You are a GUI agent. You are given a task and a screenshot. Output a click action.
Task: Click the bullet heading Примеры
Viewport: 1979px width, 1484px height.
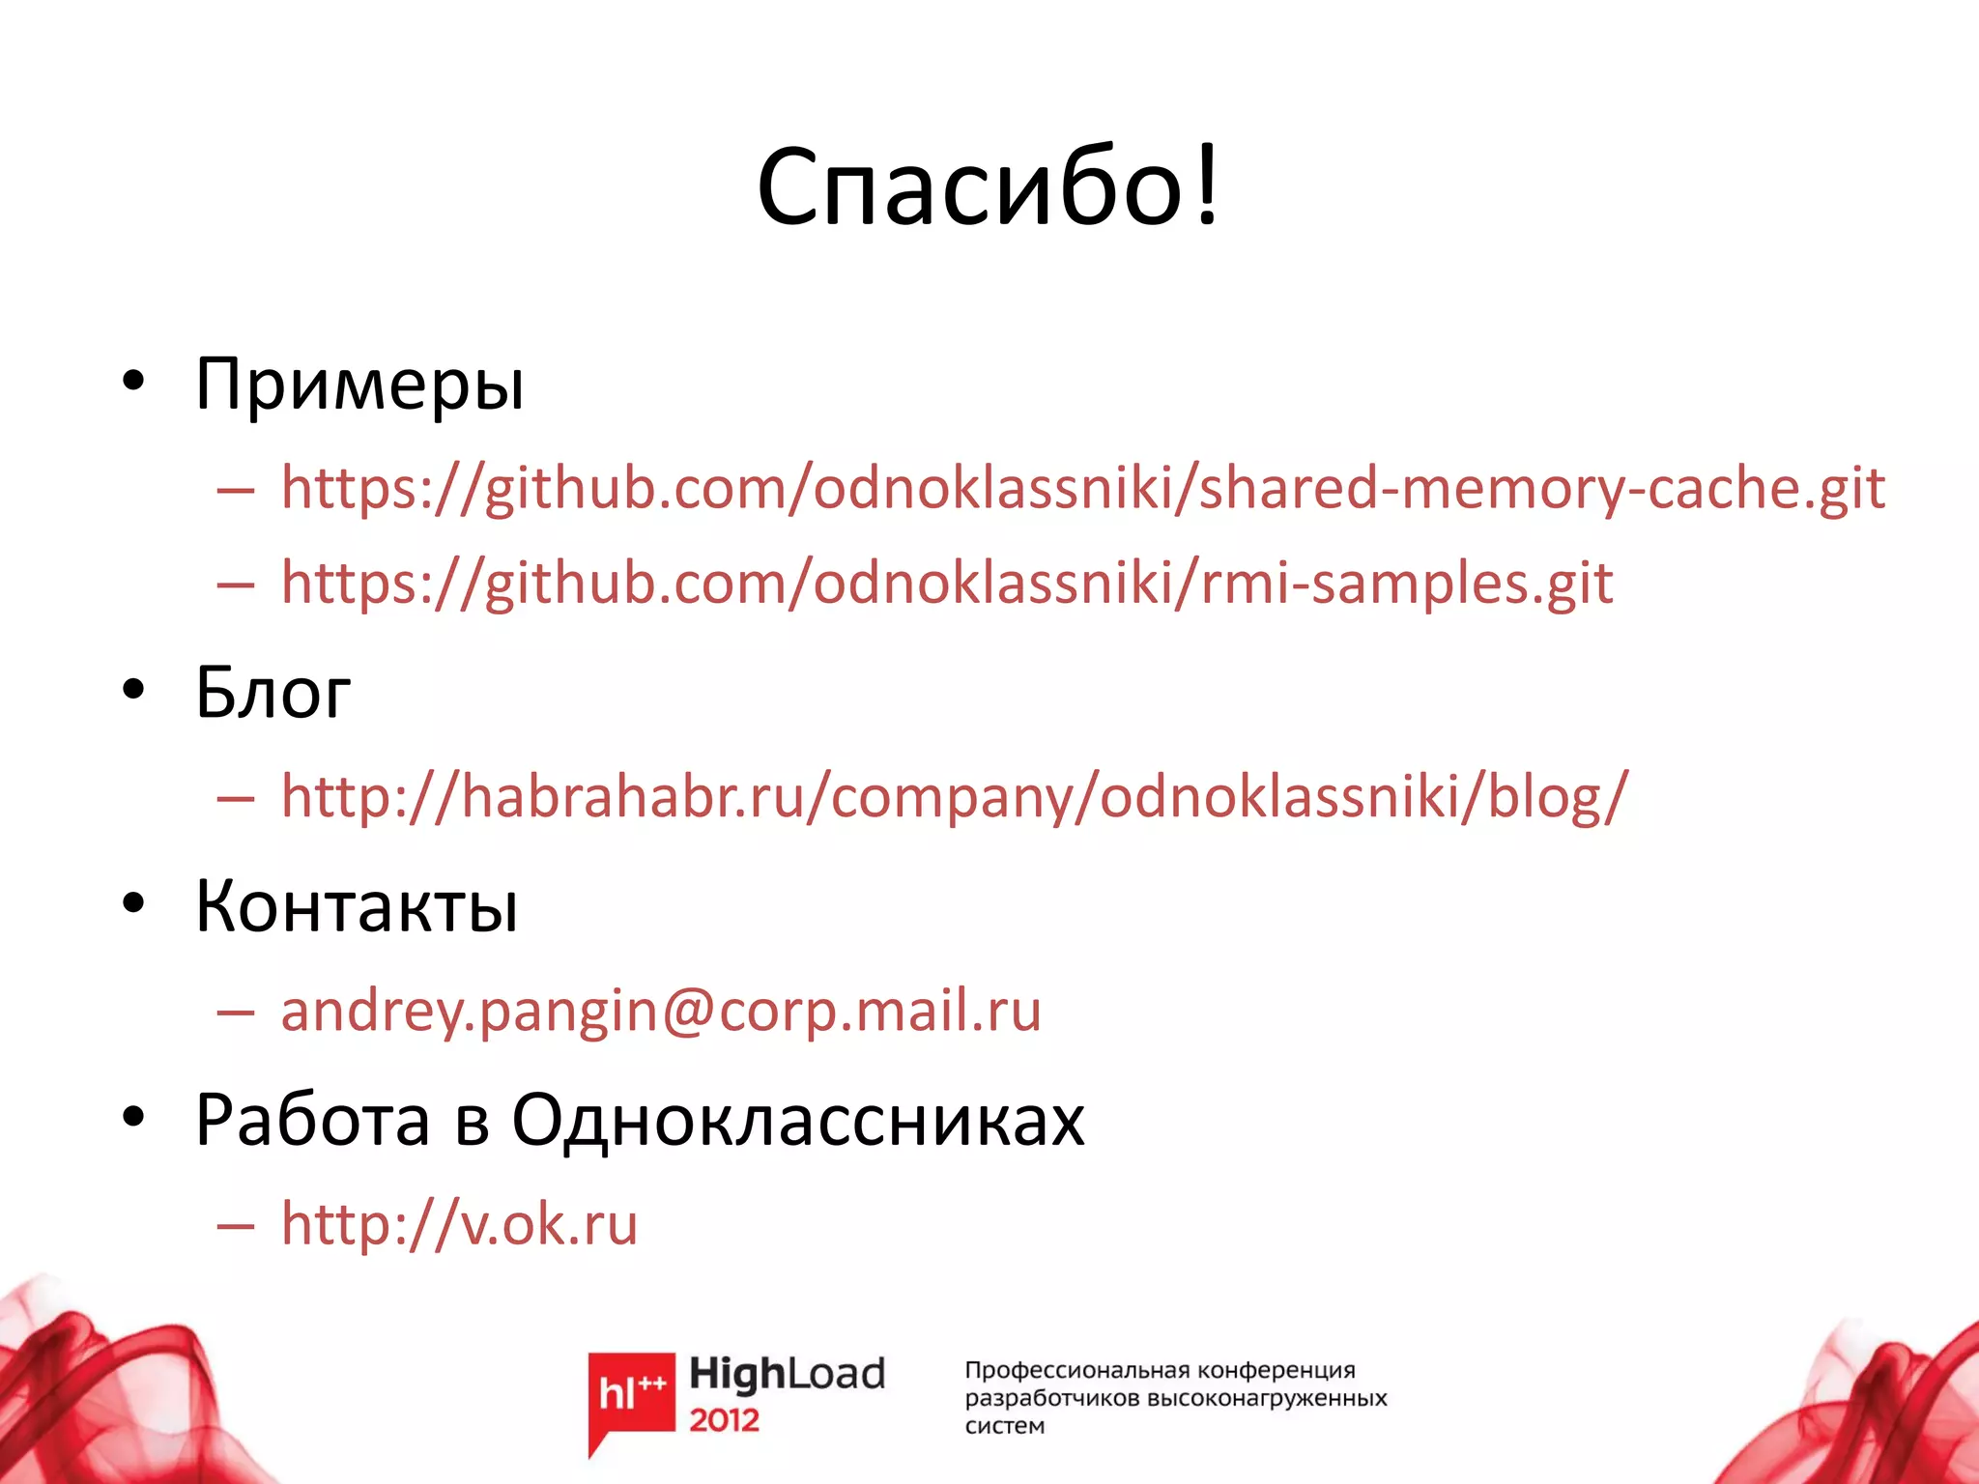point(359,385)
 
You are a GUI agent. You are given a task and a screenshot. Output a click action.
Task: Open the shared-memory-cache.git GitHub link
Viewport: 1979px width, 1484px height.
point(1082,487)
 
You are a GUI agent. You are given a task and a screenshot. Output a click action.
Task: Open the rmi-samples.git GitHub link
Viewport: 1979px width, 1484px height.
point(947,583)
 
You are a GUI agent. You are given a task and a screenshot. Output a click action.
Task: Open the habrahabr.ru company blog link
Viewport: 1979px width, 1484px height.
point(955,796)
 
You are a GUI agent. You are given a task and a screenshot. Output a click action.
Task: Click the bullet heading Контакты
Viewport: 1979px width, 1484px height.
point(357,905)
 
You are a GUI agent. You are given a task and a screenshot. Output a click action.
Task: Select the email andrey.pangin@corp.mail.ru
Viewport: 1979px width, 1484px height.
point(661,1011)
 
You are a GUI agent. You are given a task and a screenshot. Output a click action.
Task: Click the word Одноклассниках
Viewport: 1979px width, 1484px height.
point(797,1121)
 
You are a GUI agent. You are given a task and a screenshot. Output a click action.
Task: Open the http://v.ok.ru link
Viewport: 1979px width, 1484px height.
point(459,1224)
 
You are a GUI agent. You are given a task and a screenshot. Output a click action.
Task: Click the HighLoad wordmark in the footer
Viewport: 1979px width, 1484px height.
point(787,1374)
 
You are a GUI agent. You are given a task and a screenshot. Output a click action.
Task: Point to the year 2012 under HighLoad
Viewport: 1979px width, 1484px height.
point(724,1420)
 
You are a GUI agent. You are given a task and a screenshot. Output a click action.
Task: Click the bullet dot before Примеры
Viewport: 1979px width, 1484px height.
point(133,381)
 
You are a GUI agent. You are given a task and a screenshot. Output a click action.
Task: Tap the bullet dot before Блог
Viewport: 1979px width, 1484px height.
point(133,689)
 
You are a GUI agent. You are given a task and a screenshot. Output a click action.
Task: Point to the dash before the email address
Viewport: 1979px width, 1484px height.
point(236,1012)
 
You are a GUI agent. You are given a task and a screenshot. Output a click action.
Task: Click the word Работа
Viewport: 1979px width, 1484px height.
point(312,1121)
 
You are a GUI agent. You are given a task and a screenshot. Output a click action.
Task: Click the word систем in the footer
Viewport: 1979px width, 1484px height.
point(1004,1426)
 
